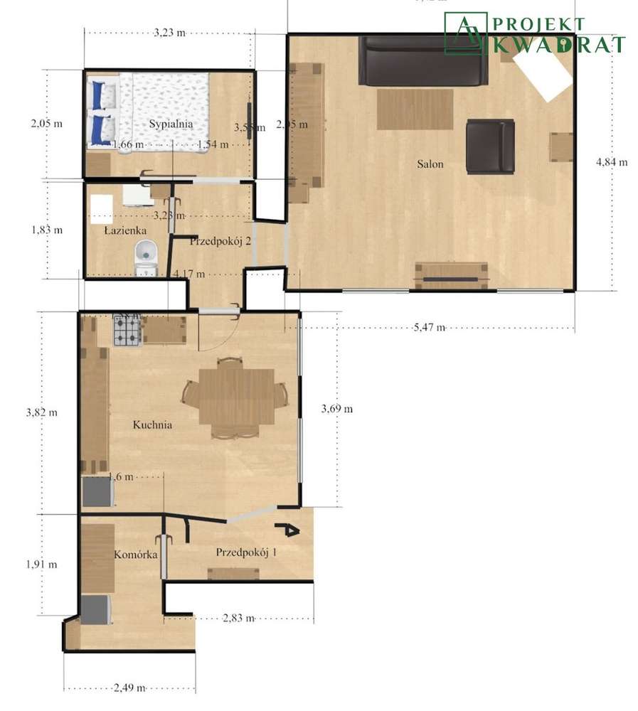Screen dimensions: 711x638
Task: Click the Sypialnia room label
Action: click(x=171, y=124)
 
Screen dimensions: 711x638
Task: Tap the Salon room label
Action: click(x=430, y=164)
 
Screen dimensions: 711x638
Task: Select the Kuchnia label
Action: click(x=153, y=425)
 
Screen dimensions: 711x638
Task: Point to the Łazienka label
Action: click(x=125, y=230)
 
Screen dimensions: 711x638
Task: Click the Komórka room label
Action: click(x=135, y=555)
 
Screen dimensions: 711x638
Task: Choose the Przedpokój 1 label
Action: click(x=246, y=552)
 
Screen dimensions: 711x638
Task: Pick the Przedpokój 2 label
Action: click(x=220, y=241)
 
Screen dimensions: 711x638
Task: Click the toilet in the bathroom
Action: click(x=147, y=255)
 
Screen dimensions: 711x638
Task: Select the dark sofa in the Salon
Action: click(x=422, y=61)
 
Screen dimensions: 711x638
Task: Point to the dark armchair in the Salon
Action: click(x=489, y=146)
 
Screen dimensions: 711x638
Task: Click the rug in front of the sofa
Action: click(x=415, y=109)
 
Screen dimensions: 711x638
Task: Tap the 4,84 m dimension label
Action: click(x=611, y=162)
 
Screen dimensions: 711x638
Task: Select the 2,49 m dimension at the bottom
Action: click(x=129, y=688)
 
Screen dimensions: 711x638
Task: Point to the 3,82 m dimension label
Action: click(x=42, y=412)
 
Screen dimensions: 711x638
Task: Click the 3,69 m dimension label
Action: click(x=336, y=409)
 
